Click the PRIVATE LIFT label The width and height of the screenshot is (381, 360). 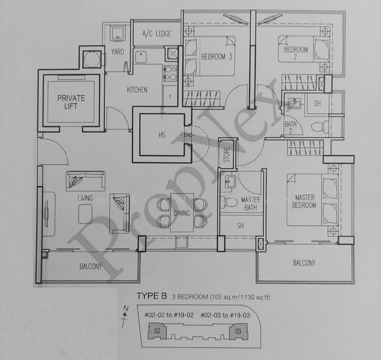point(71,102)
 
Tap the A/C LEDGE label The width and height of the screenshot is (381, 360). point(156,34)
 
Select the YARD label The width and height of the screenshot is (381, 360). point(118,52)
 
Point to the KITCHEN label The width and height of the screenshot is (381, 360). point(137,90)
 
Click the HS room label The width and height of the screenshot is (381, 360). point(162,135)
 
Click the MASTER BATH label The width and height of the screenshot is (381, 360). point(250,203)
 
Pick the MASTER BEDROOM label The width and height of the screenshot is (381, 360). point(304,201)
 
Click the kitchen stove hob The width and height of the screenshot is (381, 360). point(170,73)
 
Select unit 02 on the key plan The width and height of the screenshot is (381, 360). point(156,330)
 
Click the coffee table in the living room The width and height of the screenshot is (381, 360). point(86,211)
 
